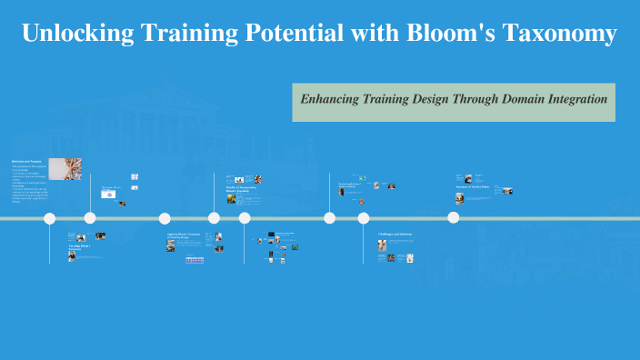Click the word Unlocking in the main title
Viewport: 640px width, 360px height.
coord(75,35)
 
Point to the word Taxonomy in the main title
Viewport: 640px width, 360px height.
coord(564,35)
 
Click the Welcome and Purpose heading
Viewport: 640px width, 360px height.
coord(26,162)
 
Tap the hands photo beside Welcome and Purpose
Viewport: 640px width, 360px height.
coord(65,169)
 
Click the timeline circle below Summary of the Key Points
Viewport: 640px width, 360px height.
coord(454,217)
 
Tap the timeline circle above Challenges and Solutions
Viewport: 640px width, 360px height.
coord(364,218)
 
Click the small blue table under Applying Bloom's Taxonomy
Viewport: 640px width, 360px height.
coord(195,260)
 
